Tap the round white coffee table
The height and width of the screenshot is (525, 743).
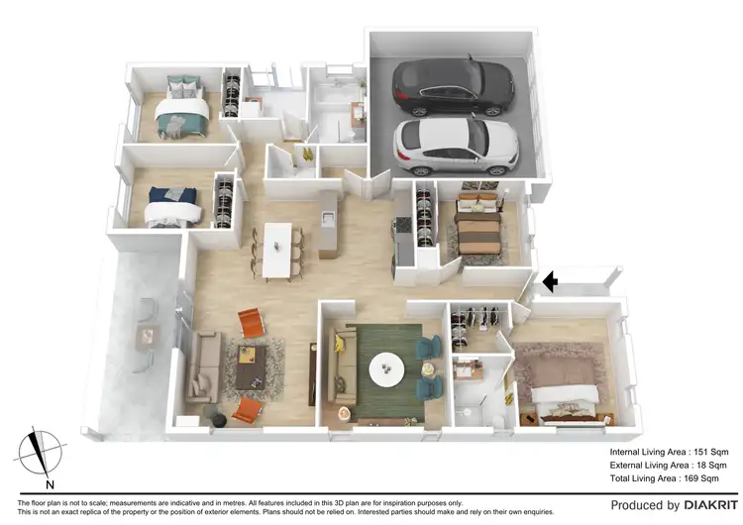pos(386,370)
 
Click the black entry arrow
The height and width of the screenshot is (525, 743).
pos(548,283)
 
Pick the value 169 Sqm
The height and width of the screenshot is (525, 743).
pos(709,478)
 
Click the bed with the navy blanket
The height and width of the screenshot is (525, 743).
pos(169,207)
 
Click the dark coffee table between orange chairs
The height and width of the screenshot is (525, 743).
pos(251,365)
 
